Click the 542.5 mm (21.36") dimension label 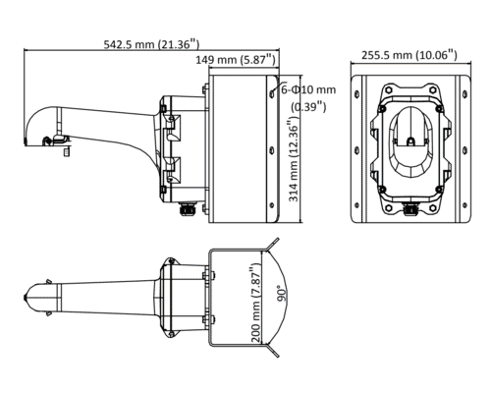pos(151,44)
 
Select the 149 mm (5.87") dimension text pos(236,60)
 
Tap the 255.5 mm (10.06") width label pos(409,55)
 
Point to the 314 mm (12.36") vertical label pos(294,160)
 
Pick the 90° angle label pos(282,294)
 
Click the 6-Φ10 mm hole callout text pos(308,89)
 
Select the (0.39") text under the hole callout pos(308,106)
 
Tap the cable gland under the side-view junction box pos(188,209)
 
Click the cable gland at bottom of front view pos(410,209)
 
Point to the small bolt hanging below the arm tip pos(67,151)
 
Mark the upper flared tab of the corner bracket pos(272,245)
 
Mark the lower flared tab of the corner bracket pos(272,350)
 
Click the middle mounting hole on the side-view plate pos(271,150)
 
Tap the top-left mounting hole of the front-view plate pos(356,94)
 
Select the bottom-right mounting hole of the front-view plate pos(464,205)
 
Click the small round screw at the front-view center pos(410,141)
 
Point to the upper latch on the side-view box pos(172,127)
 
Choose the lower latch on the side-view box pos(172,170)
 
